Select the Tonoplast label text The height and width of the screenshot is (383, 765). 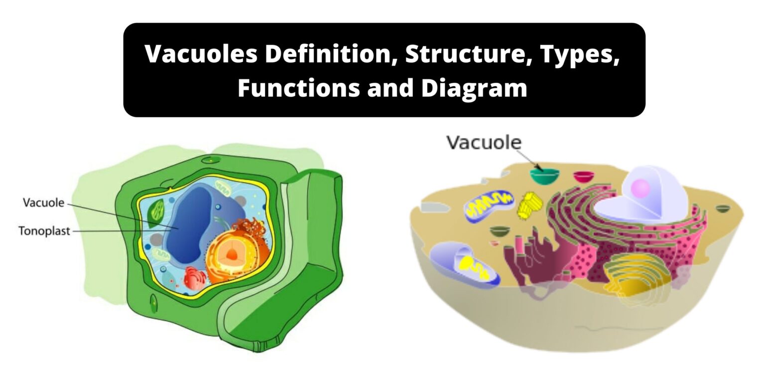44,231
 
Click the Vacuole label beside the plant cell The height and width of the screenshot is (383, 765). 43,202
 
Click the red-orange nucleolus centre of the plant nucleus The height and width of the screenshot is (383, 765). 232,255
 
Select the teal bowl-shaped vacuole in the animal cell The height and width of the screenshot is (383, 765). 544,176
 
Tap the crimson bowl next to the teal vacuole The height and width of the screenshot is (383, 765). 583,176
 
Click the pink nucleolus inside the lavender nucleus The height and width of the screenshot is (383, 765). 640,188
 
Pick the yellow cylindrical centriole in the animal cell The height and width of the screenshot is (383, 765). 529,204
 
